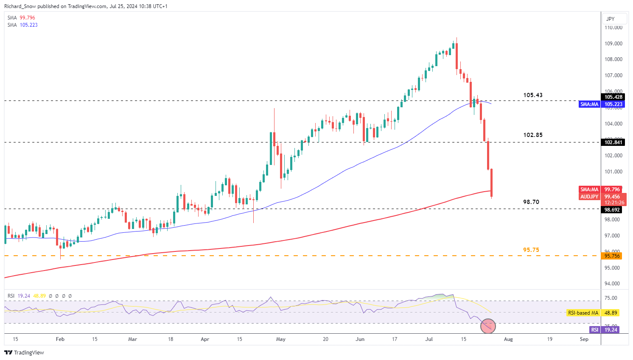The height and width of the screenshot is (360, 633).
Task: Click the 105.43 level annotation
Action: [532, 95]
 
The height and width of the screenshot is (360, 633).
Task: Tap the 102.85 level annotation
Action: [532, 135]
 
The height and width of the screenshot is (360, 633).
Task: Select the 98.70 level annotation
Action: [531, 202]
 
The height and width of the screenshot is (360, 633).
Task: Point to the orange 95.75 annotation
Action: [531, 250]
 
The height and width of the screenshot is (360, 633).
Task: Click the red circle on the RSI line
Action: [488, 326]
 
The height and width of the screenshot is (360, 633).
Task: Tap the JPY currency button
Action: [611, 19]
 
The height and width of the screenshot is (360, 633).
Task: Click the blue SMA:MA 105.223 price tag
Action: [601, 104]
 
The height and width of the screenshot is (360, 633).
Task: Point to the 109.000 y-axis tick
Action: [613, 44]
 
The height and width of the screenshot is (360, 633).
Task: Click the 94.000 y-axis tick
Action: [613, 284]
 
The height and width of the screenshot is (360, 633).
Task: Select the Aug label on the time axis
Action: [508, 339]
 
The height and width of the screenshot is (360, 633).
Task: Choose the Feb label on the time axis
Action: [60, 339]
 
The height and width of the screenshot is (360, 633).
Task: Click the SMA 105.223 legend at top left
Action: [22, 25]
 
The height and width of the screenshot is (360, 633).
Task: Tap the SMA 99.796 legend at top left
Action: [21, 18]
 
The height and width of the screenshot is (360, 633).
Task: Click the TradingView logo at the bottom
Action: [24, 352]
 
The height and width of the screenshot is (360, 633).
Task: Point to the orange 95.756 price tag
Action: [612, 256]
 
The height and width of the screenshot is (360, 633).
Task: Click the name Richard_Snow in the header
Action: [20, 6]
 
